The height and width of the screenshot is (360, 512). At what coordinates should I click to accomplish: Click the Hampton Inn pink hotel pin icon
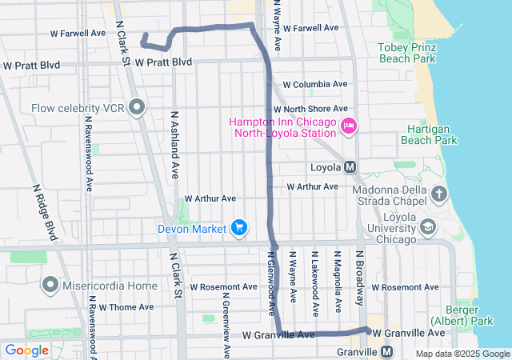[x=348, y=126]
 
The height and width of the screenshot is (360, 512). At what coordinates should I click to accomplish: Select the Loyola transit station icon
[x=350, y=168]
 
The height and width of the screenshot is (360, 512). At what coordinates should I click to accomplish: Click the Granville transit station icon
[x=388, y=351]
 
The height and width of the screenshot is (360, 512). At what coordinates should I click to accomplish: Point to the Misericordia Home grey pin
[x=50, y=285]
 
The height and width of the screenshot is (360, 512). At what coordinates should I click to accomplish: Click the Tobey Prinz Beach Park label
[x=407, y=53]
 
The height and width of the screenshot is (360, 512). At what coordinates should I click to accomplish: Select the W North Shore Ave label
[x=310, y=109]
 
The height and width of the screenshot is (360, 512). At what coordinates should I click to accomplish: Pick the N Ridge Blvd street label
[x=46, y=212]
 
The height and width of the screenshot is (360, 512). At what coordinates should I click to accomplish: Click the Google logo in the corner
[x=27, y=350]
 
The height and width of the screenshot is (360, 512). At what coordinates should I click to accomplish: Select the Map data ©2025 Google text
[x=462, y=354]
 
